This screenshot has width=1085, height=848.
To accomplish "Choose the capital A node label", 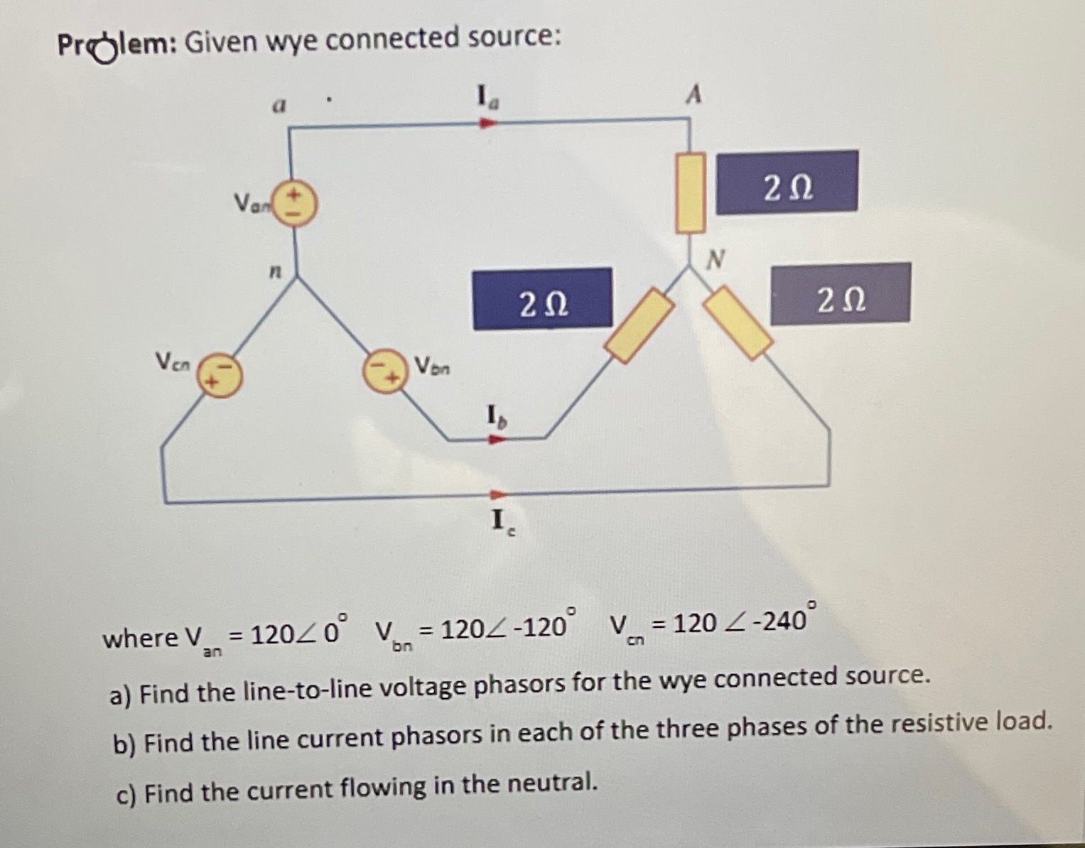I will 694,94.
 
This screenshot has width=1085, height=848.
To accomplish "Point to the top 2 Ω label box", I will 787,182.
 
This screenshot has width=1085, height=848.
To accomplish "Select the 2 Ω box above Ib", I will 542,298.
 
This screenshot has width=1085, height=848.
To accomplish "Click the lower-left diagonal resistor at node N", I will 639,325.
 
